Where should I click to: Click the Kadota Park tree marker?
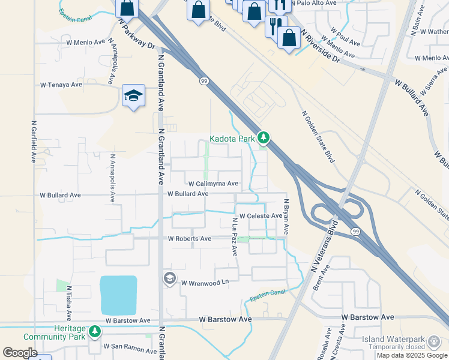[x=263, y=139]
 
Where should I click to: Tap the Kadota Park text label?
[x=232, y=139]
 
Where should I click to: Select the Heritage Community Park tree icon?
[x=94, y=331]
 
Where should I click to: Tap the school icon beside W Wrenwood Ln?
[x=169, y=278]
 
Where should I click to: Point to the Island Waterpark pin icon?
[x=433, y=343]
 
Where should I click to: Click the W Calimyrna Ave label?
[x=213, y=184]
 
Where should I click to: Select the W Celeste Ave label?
[x=261, y=216]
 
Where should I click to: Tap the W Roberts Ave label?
[x=189, y=239]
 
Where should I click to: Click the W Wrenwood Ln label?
[x=205, y=282]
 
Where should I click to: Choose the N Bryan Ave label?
[x=286, y=217]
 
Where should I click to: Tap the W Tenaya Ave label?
[x=61, y=85]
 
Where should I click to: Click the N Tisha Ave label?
[x=69, y=302]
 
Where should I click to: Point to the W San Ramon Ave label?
[x=130, y=347]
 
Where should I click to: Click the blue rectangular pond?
[x=119, y=295]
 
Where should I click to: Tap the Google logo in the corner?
[x=20, y=353]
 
